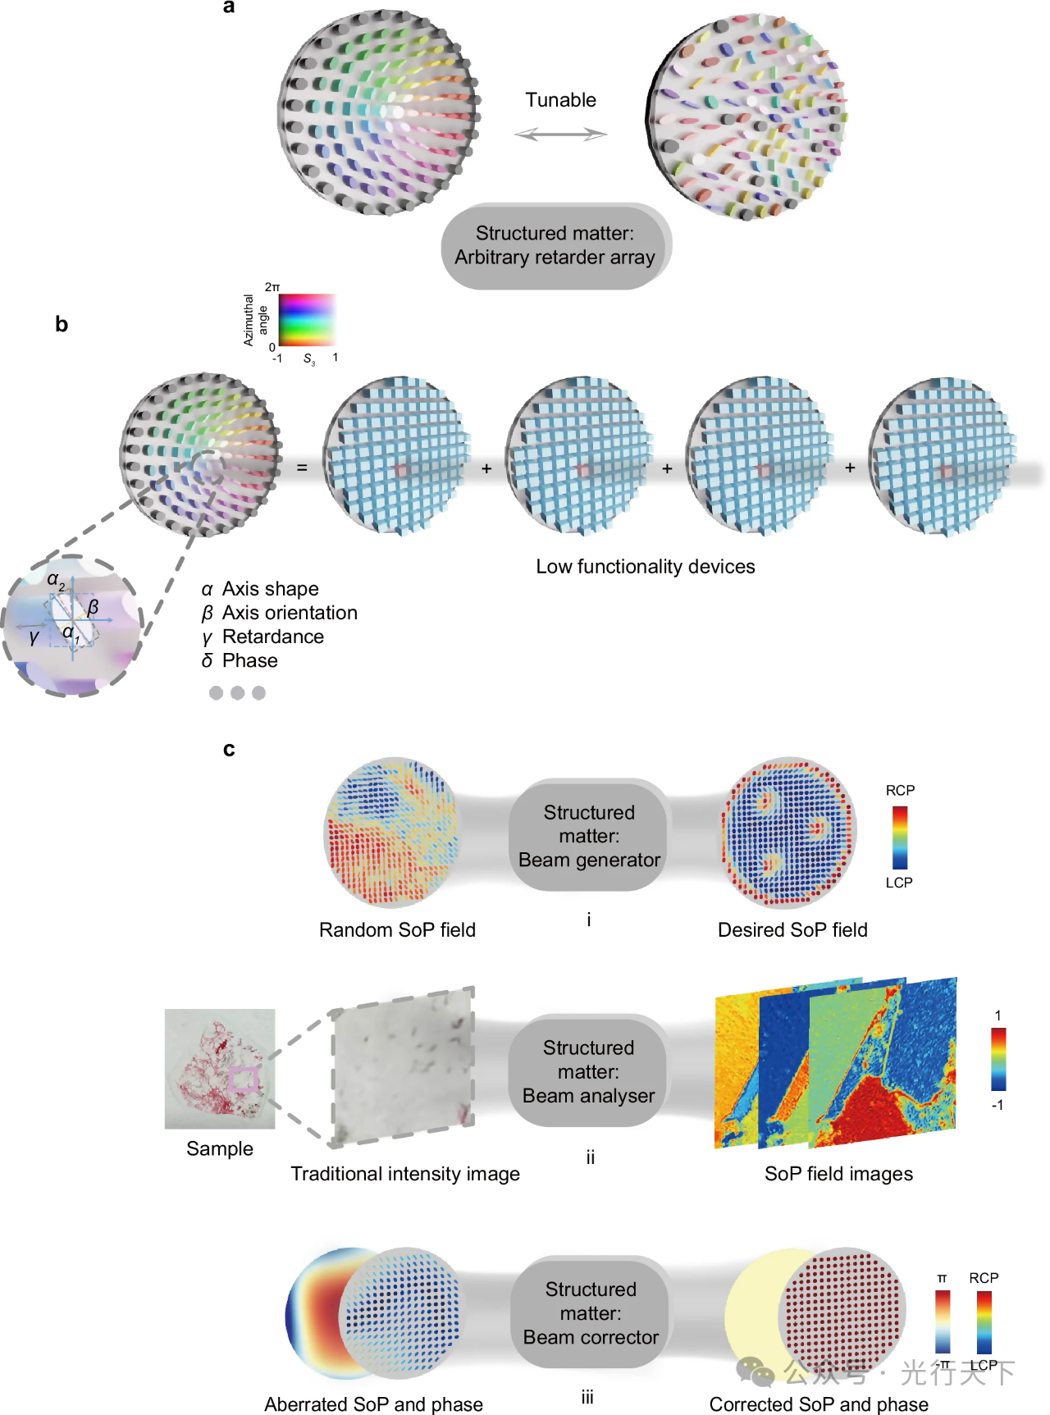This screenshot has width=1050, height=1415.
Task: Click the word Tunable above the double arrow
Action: tap(560, 100)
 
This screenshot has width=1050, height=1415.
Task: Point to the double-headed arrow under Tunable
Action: tap(560, 134)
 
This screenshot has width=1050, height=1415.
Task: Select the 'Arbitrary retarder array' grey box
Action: tap(555, 246)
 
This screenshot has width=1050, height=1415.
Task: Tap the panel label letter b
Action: tap(62, 324)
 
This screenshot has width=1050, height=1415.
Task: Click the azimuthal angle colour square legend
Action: tap(307, 320)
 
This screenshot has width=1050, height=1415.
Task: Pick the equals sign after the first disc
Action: tap(302, 468)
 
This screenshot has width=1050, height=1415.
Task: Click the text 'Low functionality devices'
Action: tap(646, 567)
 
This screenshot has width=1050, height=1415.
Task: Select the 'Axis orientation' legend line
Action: tap(280, 613)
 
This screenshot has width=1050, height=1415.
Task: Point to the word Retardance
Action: tap(272, 637)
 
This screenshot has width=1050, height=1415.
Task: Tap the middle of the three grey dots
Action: tap(237, 693)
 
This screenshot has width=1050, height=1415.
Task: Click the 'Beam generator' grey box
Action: tap(589, 836)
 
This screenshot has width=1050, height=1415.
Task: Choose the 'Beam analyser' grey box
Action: tap(589, 1071)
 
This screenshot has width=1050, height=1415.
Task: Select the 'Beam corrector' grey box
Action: tap(591, 1312)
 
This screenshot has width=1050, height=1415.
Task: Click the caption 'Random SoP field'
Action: tap(397, 930)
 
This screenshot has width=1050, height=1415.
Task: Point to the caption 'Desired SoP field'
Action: tap(792, 930)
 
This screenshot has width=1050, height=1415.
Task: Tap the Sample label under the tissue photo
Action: tap(219, 1148)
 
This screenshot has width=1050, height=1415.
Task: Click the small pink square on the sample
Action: tap(243, 1079)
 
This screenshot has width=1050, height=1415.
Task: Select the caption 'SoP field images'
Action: tap(838, 1174)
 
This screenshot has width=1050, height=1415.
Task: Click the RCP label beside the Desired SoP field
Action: tap(900, 791)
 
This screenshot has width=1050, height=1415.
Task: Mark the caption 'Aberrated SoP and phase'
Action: tap(373, 1404)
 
